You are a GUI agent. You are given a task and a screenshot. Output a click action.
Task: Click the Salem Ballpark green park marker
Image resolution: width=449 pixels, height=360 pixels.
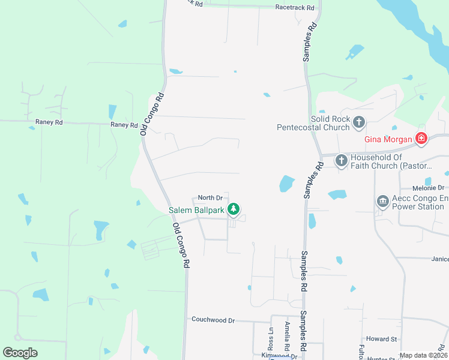pyautogui.click(x=234, y=209)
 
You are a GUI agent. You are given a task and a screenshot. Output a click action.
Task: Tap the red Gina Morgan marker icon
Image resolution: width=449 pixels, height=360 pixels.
pyautogui.click(x=421, y=140)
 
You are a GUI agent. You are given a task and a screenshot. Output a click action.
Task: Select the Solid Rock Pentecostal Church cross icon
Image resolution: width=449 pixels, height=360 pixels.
pyautogui.click(x=358, y=122)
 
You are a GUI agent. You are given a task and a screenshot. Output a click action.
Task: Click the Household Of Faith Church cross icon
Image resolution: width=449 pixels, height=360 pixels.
pyautogui.click(x=341, y=160)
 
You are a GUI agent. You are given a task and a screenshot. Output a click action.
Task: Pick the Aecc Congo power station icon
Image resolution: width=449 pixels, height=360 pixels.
pyautogui.click(x=382, y=201)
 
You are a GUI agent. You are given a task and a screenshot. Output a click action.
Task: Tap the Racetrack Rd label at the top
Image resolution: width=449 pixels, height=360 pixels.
pyautogui.click(x=295, y=8)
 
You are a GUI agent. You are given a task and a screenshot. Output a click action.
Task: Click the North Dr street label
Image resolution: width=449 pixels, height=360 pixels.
pyautogui.click(x=210, y=197)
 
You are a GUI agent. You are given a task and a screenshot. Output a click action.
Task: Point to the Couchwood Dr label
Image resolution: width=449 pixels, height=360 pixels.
pyautogui.click(x=213, y=320)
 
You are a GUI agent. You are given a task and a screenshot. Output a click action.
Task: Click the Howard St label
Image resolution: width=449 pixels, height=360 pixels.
pyautogui.click(x=382, y=339)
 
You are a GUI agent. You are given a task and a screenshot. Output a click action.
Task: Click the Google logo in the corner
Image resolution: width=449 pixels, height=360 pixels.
pyautogui.click(x=20, y=353)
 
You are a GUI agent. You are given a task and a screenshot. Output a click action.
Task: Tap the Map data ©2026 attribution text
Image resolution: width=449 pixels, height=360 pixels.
pyautogui.click(x=423, y=355)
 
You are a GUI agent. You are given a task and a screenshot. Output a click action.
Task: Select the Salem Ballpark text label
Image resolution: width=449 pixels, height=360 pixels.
pyautogui.click(x=196, y=210)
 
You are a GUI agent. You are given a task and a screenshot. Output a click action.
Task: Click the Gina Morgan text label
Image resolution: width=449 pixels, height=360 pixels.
pyautogui.click(x=389, y=140)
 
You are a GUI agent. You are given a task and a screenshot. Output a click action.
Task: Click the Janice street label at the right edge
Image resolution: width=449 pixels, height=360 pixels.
pyautogui.click(x=439, y=259)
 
